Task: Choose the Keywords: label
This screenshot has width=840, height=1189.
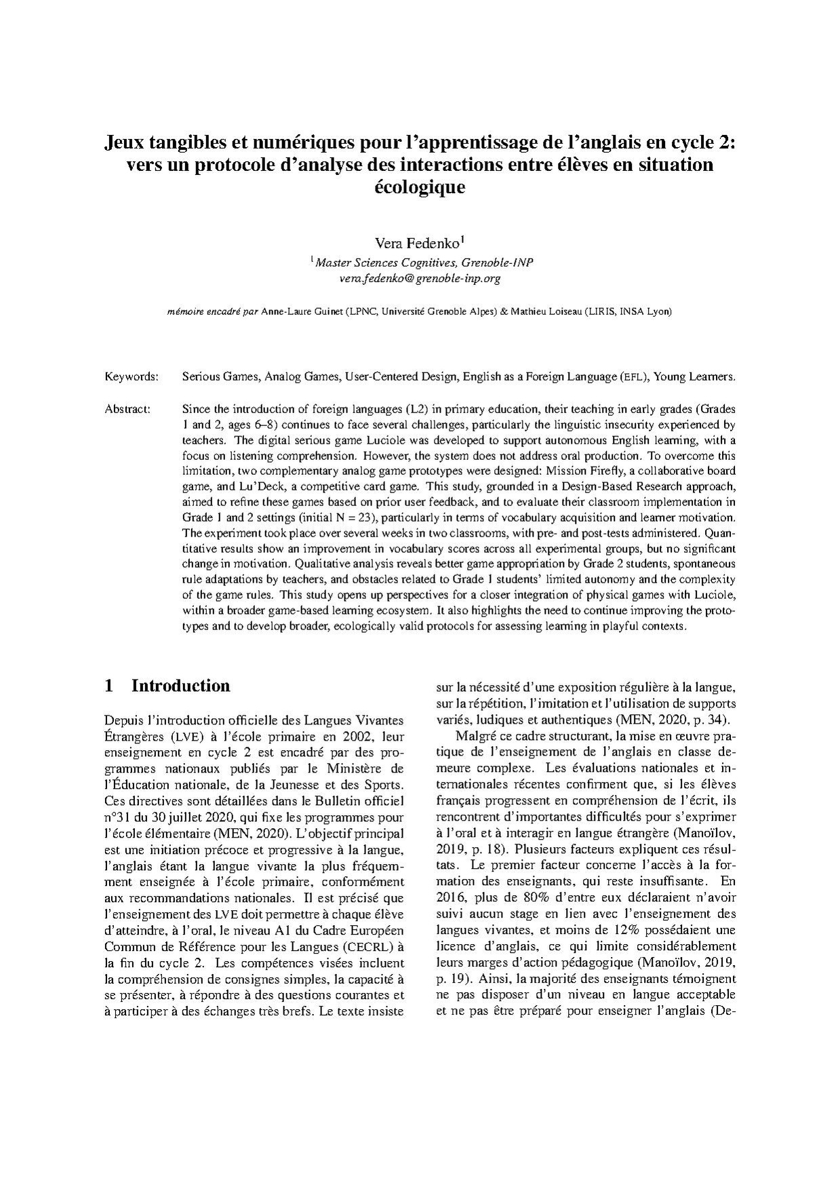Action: tap(132, 376)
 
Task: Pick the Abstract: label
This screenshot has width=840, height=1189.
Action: tap(127, 409)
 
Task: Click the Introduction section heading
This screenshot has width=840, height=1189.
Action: tap(181, 686)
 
